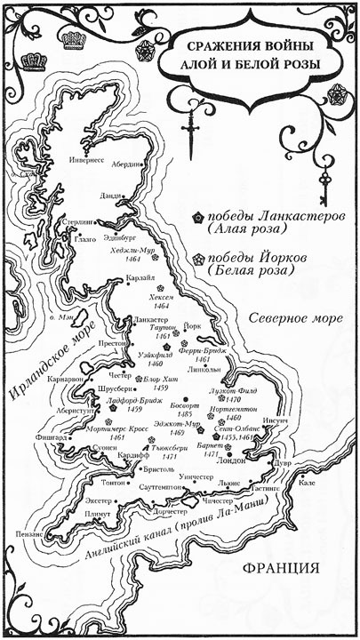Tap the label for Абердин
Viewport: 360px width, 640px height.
click(126, 164)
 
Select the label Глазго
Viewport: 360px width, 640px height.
click(86, 239)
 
